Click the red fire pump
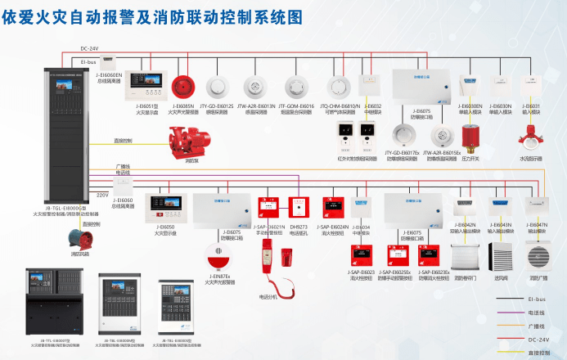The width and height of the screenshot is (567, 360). (188, 141)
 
